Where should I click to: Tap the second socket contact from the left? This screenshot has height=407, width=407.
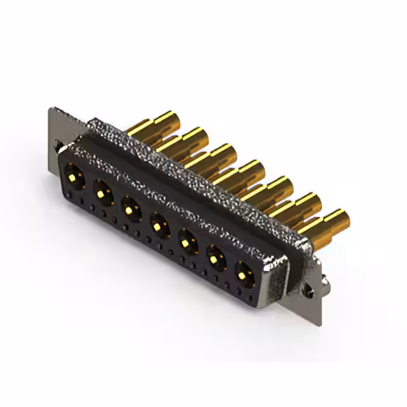click(x=101, y=188)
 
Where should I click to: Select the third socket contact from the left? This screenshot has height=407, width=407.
click(x=129, y=205)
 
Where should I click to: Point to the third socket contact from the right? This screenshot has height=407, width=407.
click(x=186, y=240)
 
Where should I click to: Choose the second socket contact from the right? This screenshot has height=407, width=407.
click(x=214, y=257)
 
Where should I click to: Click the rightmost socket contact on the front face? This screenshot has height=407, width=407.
click(x=244, y=274)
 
